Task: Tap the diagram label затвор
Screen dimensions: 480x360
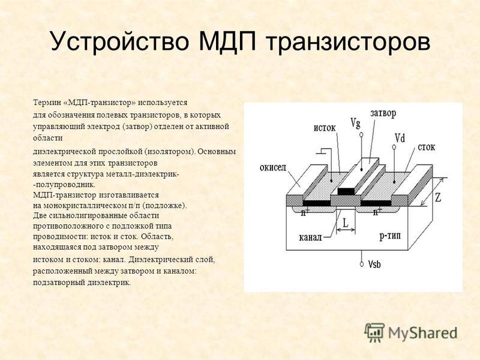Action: (383, 113)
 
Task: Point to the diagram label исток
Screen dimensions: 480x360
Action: (325, 127)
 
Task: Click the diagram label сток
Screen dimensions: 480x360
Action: (427, 147)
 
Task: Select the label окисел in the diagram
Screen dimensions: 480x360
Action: (273, 167)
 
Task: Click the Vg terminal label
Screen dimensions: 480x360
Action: (355, 123)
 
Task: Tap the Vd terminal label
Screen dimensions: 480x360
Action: (400, 138)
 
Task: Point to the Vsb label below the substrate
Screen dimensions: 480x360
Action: (374, 264)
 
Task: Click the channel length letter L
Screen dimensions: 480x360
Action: (346, 223)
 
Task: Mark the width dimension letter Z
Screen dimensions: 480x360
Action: (438, 197)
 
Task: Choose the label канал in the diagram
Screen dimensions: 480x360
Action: (310, 238)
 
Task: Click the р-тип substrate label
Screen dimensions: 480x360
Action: (390, 236)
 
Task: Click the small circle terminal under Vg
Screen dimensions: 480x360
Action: (362, 134)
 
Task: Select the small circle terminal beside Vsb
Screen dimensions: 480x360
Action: (362, 264)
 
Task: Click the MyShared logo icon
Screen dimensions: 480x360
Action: (374, 332)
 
